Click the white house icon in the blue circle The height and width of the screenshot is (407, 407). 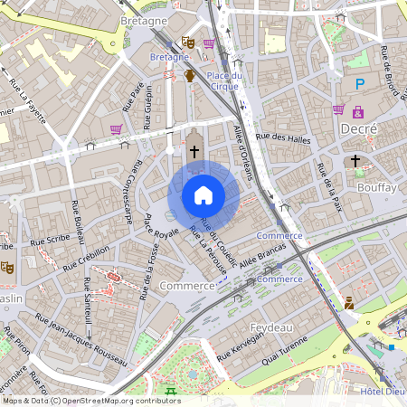point(203,195)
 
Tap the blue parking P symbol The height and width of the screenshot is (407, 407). point(359,84)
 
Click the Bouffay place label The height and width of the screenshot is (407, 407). point(376,186)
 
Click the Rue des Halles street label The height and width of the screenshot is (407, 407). point(283,137)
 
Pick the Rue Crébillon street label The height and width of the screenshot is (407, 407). point(86,257)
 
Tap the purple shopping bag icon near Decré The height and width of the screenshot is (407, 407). point(338,109)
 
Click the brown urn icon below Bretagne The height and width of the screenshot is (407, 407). point(190,76)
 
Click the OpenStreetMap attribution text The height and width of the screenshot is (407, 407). point(90,400)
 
